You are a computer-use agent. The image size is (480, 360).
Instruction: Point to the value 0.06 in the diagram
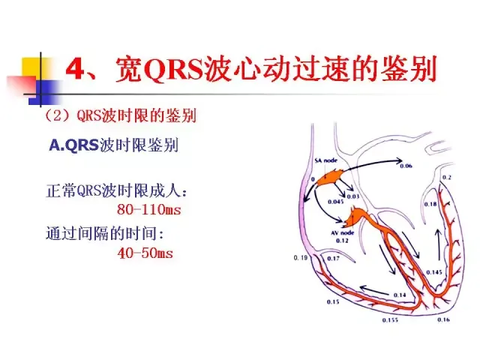pos(406,165)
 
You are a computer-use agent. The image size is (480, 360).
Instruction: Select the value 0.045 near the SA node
pos(335,202)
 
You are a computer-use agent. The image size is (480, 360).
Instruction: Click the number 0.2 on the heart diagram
pos(447,177)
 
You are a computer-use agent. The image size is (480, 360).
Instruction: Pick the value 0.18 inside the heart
pos(430,204)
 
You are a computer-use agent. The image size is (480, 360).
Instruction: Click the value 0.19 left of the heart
pos(300,258)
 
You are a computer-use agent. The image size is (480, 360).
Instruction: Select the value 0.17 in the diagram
pos(334,258)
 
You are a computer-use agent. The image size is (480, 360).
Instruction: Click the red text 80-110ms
pos(149,209)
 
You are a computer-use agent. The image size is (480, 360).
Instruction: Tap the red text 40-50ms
pos(145,253)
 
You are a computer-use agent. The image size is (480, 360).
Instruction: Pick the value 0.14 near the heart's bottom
pos(400,295)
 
